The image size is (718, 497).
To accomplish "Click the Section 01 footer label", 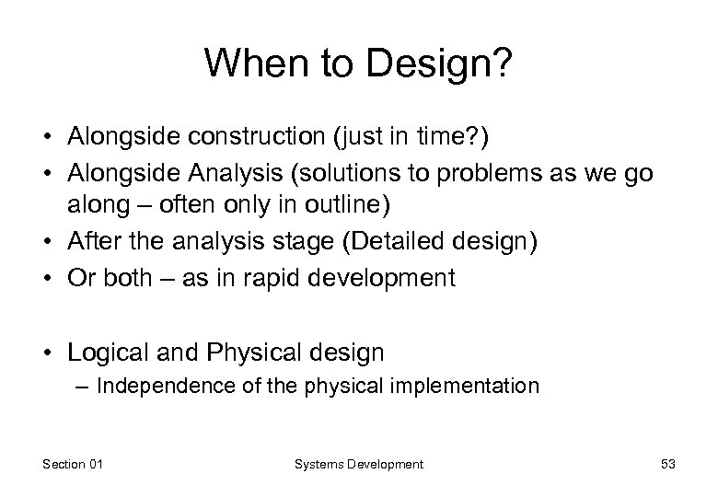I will (73, 465).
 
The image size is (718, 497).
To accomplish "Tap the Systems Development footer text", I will (358, 465).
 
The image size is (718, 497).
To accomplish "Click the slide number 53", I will (667, 465).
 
